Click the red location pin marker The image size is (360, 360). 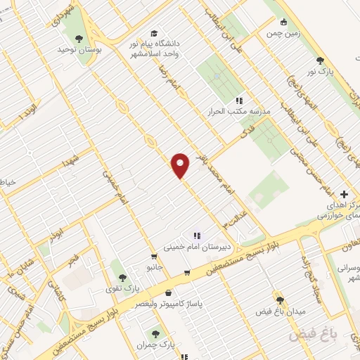pos(181,165)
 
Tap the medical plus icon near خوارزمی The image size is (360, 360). pos(343,194)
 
